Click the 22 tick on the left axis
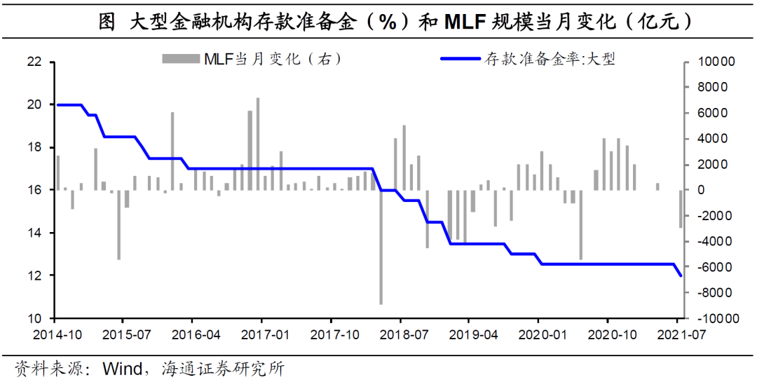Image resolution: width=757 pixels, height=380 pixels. pos(34,62)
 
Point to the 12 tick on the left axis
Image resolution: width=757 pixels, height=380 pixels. pos(34,276)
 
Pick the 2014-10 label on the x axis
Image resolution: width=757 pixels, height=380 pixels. pos(57,334)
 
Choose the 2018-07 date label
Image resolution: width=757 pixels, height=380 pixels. pos(400,334)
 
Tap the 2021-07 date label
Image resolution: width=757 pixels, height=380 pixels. pos(678,334)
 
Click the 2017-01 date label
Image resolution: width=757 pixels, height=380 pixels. pos(261,334)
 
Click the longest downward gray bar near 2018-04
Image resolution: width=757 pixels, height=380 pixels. pos(381,247)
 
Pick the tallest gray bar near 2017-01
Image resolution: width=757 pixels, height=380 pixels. pos(257,144)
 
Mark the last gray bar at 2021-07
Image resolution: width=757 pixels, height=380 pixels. pos(680,208)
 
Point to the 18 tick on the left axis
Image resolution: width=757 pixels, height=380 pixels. pos(34,147)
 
